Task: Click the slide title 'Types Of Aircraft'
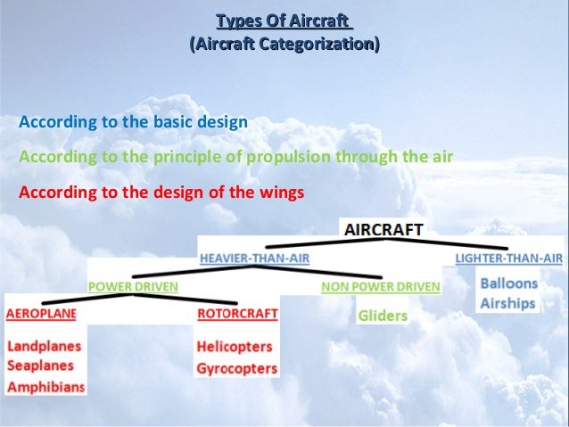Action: point(284,21)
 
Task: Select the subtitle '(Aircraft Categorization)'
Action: point(284,44)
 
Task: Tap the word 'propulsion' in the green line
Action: point(287,157)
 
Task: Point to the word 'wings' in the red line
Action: point(283,192)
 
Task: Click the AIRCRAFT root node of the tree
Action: point(383,229)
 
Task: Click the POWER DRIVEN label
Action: point(133,286)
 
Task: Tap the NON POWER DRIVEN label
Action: point(381,286)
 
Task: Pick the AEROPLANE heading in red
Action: point(41,314)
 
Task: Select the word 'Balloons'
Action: point(508,283)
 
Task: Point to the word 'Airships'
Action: point(507,303)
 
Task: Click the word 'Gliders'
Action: point(382,316)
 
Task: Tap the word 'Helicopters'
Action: point(235,348)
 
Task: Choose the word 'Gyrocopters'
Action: point(237,368)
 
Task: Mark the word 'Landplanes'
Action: point(44,346)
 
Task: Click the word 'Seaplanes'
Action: point(41,365)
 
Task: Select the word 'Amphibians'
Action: point(45,387)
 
